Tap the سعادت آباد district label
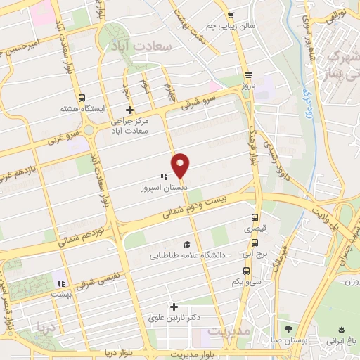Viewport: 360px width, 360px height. point(141,44)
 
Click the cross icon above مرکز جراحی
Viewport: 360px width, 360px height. point(129,110)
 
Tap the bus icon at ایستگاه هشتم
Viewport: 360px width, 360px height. point(82,98)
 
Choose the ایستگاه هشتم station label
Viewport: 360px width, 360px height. point(82,110)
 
